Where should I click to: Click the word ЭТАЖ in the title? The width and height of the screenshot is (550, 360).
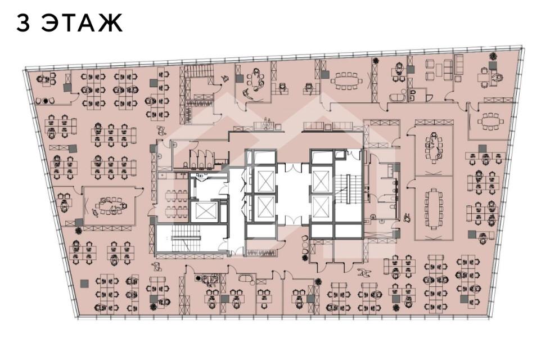82,23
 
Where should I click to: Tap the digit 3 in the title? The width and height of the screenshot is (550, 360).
23,23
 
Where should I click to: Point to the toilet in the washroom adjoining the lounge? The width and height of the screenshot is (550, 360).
413,94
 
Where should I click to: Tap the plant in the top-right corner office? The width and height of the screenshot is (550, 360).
493,56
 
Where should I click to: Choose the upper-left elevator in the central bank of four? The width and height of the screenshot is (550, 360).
265,181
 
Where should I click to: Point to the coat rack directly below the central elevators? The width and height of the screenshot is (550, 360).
263,252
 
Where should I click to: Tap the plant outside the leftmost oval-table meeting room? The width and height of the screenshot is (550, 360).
79,230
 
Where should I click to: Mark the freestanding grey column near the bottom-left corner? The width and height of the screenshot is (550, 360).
84,283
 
